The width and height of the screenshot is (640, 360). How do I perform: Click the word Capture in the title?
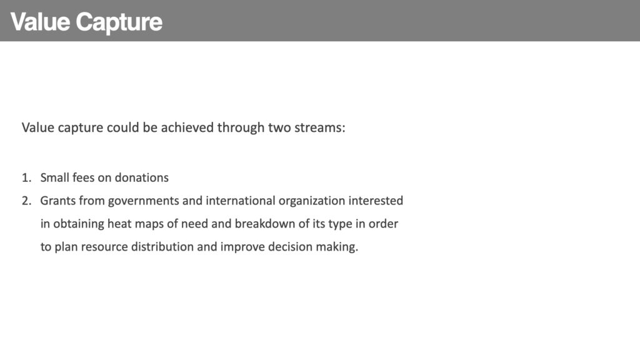click(119, 22)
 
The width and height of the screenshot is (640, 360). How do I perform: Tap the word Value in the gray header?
click(40, 22)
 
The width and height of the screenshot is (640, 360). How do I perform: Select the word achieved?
click(187, 127)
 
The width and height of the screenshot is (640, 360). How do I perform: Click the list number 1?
click(26, 177)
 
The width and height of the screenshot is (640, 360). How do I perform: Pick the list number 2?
click(26, 201)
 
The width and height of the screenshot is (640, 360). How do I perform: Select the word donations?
click(142, 177)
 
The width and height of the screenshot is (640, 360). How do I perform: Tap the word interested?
click(376, 201)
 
